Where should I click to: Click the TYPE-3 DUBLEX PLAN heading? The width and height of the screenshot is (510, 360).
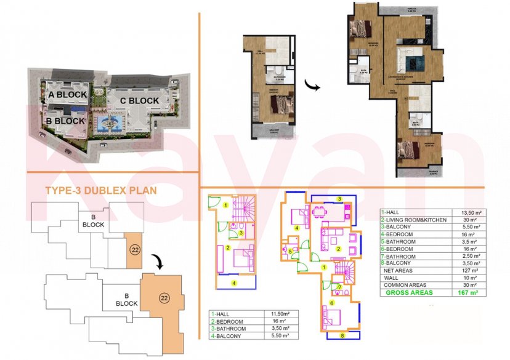coord(101,191)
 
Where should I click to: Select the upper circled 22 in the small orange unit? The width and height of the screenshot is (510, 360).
coord(134,250)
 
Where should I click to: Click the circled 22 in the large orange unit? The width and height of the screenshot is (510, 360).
coord(164,298)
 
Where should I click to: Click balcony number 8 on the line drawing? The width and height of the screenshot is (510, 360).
coord(343,336)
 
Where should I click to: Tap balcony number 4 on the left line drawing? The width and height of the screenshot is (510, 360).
coord(235,282)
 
